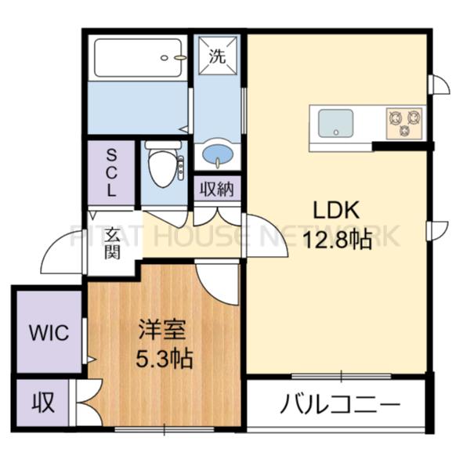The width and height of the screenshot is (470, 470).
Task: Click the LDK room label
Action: pos(336,211)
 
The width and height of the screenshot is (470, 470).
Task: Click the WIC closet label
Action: pos(49,332)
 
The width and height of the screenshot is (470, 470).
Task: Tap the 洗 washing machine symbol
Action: pos(218,56)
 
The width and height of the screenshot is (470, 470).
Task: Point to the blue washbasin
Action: pos(217,154)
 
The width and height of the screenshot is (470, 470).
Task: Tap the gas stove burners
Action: pos(404,121)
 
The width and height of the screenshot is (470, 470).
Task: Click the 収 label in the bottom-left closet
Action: pos(42,403)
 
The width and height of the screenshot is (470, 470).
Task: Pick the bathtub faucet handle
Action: pos(179,57)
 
